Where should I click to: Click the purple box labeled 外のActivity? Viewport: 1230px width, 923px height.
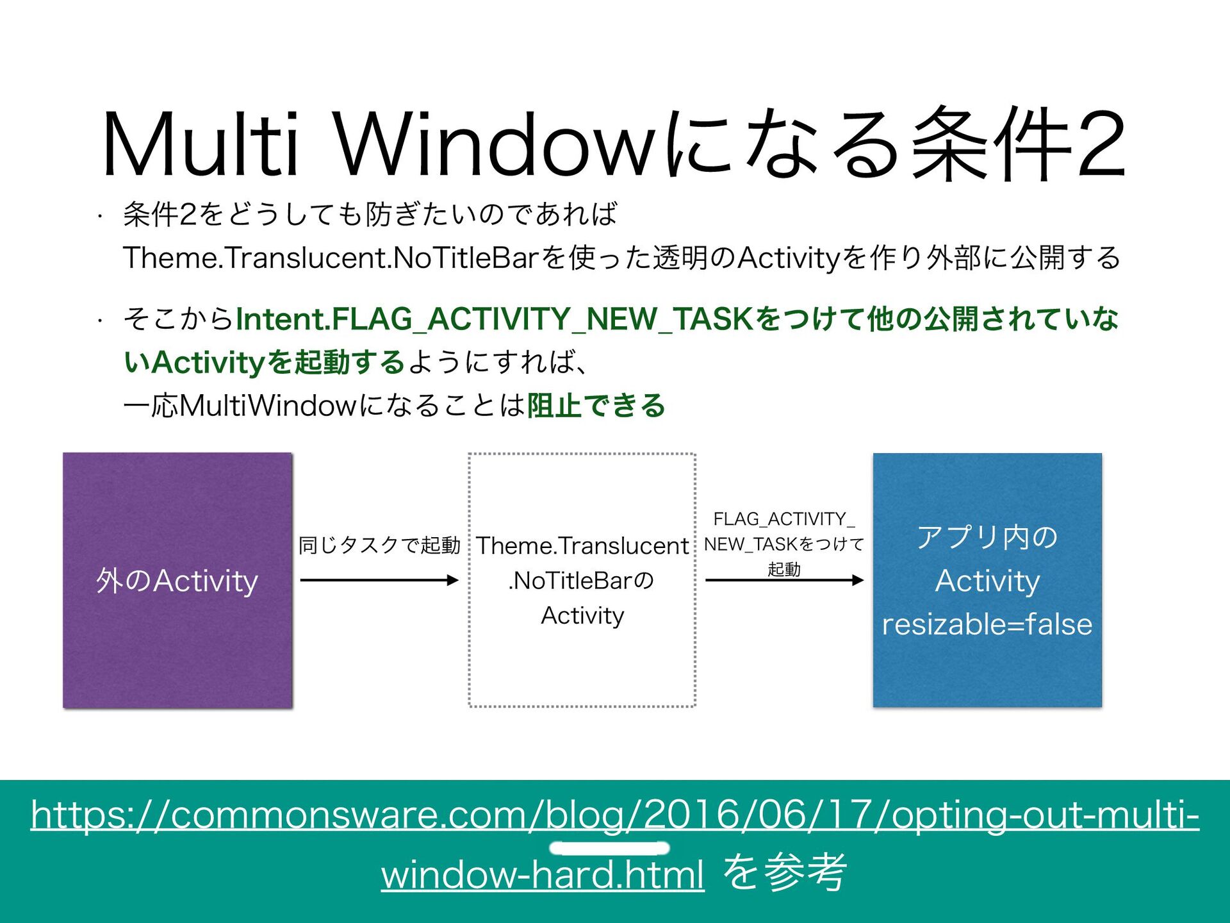(177, 580)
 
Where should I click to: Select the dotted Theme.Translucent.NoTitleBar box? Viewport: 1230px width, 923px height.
(582, 580)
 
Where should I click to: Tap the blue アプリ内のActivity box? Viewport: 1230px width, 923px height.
(987, 580)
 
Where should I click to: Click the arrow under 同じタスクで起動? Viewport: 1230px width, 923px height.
(379, 580)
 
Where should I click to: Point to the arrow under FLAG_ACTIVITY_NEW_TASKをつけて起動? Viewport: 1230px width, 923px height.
(784, 580)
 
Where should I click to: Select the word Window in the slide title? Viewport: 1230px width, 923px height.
(493, 144)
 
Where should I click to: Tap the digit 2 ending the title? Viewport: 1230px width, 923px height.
(1101, 144)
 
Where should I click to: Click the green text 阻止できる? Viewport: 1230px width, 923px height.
(596, 406)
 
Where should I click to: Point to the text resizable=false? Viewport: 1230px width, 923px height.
(987, 624)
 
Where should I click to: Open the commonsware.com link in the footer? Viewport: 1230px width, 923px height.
(615, 815)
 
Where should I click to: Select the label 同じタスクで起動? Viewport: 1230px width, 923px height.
(379, 545)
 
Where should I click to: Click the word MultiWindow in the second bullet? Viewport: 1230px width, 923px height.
(268, 406)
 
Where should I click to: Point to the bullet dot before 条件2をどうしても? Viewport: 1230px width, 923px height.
(100, 216)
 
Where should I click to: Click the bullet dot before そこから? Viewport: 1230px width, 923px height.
(100, 320)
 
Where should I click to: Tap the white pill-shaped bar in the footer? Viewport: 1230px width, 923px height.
(609, 848)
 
